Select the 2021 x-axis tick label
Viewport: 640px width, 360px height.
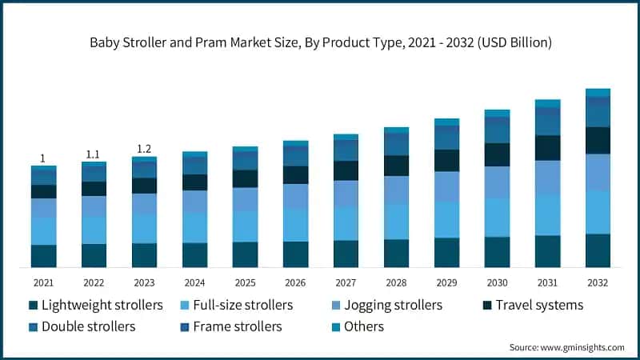pyautogui.click(x=44, y=282)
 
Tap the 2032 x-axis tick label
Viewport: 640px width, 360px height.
pyautogui.click(x=598, y=282)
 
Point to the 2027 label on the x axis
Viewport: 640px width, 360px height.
pyautogui.click(x=346, y=282)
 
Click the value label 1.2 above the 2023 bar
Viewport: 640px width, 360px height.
pyautogui.click(x=144, y=149)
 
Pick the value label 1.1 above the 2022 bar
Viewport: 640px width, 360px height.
pyautogui.click(x=94, y=154)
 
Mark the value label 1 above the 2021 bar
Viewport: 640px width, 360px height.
pyautogui.click(x=43, y=158)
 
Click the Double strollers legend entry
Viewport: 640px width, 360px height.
pyautogui.click(x=88, y=326)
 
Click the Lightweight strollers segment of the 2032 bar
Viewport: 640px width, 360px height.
pyautogui.click(x=598, y=250)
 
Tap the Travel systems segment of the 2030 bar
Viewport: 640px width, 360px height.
pyautogui.click(x=497, y=154)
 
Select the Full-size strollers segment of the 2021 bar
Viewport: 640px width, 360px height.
pyautogui.click(x=44, y=231)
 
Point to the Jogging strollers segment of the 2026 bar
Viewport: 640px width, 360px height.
pyautogui.click(x=295, y=196)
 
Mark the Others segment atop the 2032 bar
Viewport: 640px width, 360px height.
pyautogui.click(x=598, y=93)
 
